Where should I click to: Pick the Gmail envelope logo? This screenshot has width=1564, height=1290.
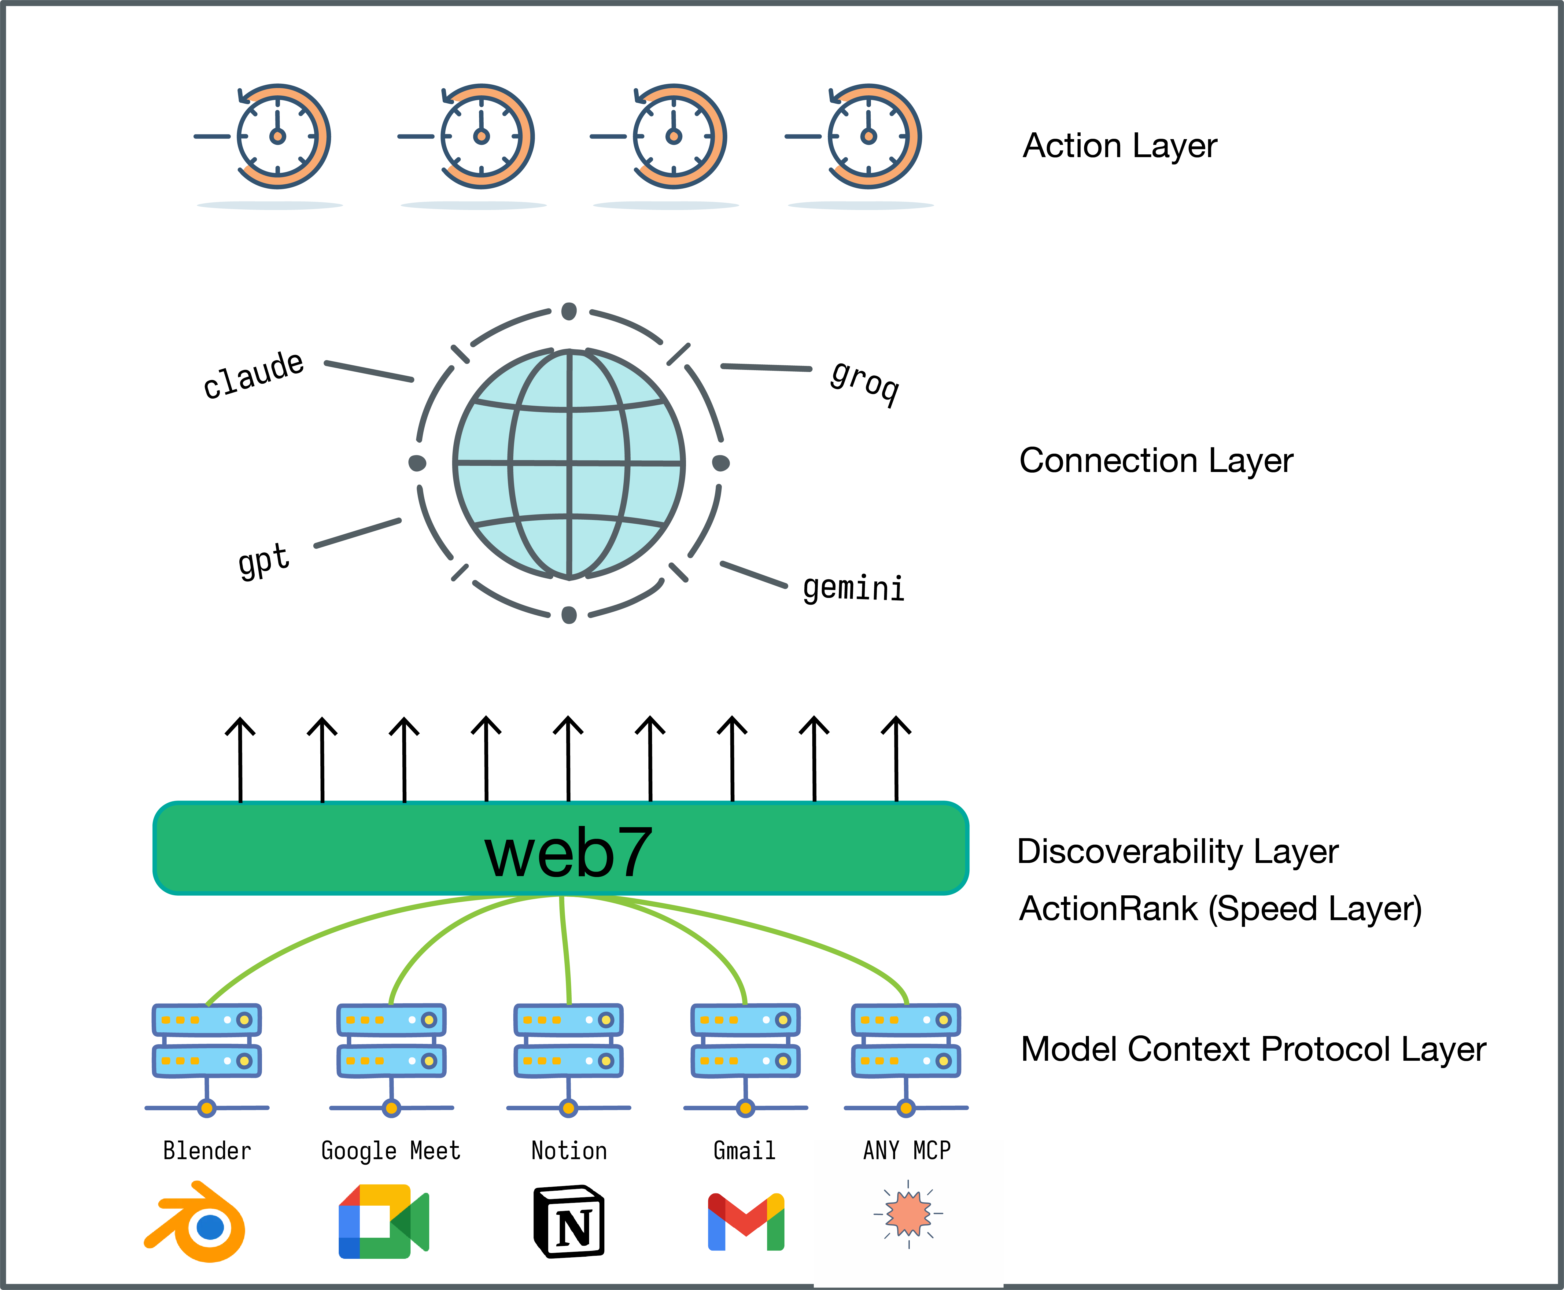point(746,1222)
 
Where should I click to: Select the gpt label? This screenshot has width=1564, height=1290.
point(264,559)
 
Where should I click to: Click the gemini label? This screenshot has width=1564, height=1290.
point(854,588)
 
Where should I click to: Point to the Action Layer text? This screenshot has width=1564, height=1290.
point(1120,146)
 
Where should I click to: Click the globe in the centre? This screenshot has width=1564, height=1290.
point(569,464)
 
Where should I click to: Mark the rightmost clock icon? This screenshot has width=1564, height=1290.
point(869,137)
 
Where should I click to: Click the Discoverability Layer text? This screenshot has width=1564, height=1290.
point(1177,852)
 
